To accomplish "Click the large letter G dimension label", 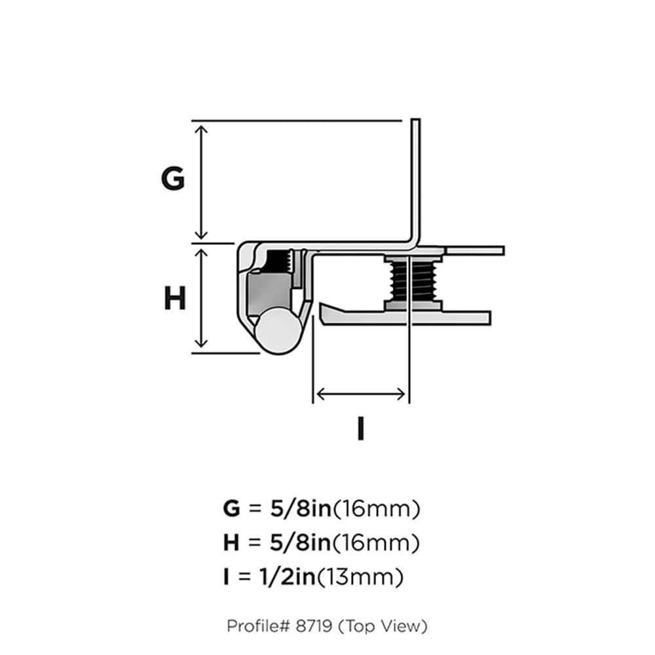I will (x=173, y=179).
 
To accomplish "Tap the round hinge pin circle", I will (x=278, y=331).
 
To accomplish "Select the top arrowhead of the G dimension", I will (x=202, y=127).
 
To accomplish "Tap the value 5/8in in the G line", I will (x=297, y=508).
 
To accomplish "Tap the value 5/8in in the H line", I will (x=297, y=542).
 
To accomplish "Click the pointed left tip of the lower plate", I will (x=322, y=305).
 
